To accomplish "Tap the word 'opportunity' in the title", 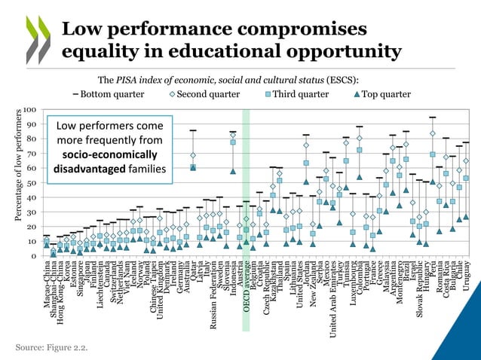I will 317,53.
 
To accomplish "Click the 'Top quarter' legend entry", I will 380,94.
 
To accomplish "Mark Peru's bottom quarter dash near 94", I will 432,117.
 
